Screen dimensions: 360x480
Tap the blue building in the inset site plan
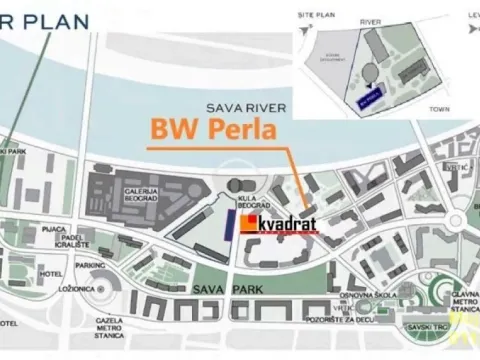[367, 98]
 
